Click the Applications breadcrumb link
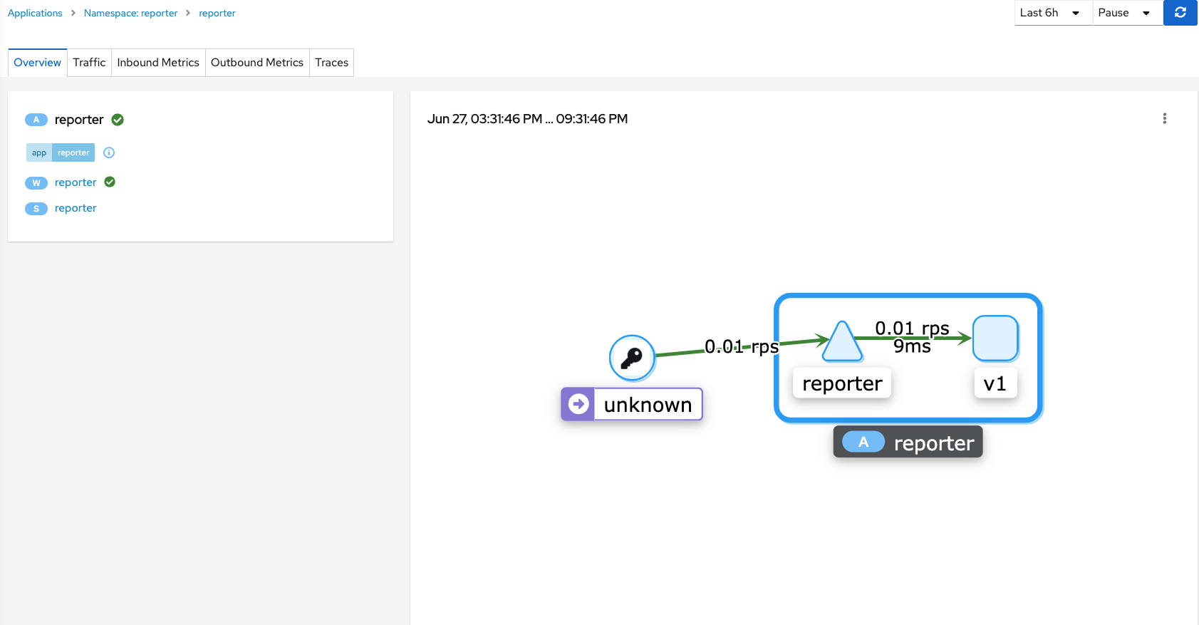[35, 13]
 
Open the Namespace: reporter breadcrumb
[130, 13]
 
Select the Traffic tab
[89, 63]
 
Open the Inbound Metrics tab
[158, 63]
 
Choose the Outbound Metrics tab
[257, 63]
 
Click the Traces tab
[331, 63]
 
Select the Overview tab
[38, 63]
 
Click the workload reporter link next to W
[76, 182]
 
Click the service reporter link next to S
[76, 208]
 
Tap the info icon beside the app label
[109, 153]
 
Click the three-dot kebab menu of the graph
[1165, 118]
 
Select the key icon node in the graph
[632, 358]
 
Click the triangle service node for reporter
[842, 341]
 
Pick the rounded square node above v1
[995, 339]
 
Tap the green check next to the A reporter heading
[118, 120]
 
